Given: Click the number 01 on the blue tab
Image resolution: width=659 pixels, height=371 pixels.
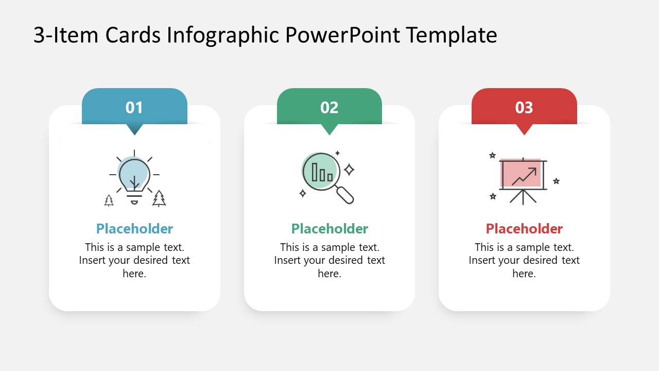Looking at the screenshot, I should pos(134,108).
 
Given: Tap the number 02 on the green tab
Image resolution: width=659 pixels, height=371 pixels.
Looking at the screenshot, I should pos(329,108).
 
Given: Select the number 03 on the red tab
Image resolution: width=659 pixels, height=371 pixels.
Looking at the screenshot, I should pos(524,108).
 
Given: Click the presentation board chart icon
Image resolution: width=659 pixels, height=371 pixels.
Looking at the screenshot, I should pos(522,178).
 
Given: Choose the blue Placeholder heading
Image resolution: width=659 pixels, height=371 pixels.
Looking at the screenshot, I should pos(134,229).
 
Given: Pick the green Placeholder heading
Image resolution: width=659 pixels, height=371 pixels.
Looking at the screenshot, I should pos(329,229).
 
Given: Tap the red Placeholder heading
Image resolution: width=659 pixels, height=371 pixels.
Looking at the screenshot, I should pos(524,229).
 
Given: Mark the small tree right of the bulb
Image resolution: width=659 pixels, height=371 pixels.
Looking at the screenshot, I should pos(159,198).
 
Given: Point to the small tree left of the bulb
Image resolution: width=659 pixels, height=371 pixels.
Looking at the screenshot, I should pos(109,200).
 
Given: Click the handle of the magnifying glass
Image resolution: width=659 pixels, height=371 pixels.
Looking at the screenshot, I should pos(344,195).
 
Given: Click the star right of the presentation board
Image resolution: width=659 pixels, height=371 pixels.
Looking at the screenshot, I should pos(556,181).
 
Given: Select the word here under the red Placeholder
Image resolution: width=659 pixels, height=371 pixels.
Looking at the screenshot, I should pos(524,274).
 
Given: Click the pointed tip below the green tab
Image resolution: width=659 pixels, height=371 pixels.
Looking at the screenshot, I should pos(329,131).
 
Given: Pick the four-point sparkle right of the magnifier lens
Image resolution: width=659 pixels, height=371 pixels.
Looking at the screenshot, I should pos(349,170).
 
